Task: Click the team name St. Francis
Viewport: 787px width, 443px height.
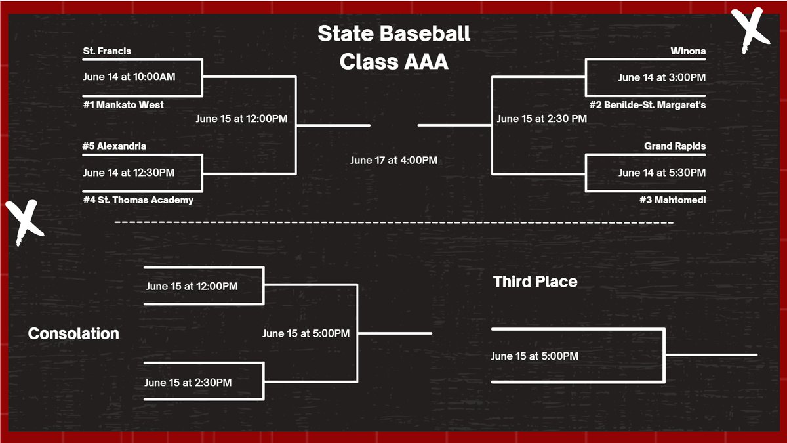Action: click(x=108, y=51)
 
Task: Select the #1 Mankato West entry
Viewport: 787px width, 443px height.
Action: click(x=123, y=105)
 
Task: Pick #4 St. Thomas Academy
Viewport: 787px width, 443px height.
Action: click(x=138, y=200)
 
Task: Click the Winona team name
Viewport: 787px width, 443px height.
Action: click(x=688, y=51)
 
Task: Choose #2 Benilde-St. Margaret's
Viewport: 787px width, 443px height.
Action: click(x=647, y=105)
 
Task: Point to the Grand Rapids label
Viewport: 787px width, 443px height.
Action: click(x=675, y=146)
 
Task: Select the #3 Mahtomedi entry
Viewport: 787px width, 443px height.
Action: click(x=672, y=200)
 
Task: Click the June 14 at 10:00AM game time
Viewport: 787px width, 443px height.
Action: click(x=129, y=76)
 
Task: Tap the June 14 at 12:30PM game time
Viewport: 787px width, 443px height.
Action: click(x=129, y=173)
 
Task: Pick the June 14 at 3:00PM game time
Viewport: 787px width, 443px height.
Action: click(x=662, y=77)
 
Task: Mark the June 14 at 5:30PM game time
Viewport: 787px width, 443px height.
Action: click(x=662, y=173)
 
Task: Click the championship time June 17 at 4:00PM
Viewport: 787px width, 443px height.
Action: click(x=393, y=160)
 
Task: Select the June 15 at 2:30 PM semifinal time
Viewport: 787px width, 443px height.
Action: click(x=542, y=119)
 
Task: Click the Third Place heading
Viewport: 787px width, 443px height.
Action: click(x=535, y=282)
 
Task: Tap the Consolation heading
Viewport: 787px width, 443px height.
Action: click(x=73, y=333)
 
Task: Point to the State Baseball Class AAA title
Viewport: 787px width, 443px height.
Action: click(x=393, y=48)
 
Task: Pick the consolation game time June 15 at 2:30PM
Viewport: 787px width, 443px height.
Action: click(x=188, y=382)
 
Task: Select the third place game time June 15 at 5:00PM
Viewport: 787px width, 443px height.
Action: click(x=535, y=356)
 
